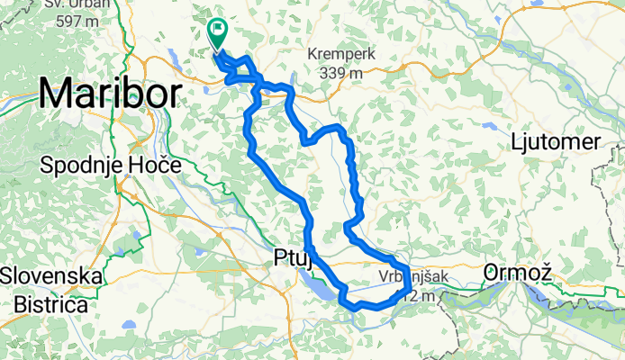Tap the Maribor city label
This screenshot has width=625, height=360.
(x=110, y=93)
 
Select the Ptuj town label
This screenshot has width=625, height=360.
(x=292, y=259)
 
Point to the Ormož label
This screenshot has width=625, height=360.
(x=515, y=270)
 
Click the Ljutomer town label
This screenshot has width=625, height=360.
(x=555, y=143)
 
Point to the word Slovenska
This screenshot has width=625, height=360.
(x=51, y=274)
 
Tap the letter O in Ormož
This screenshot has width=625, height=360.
(x=492, y=270)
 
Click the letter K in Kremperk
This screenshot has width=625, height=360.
(x=312, y=54)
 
